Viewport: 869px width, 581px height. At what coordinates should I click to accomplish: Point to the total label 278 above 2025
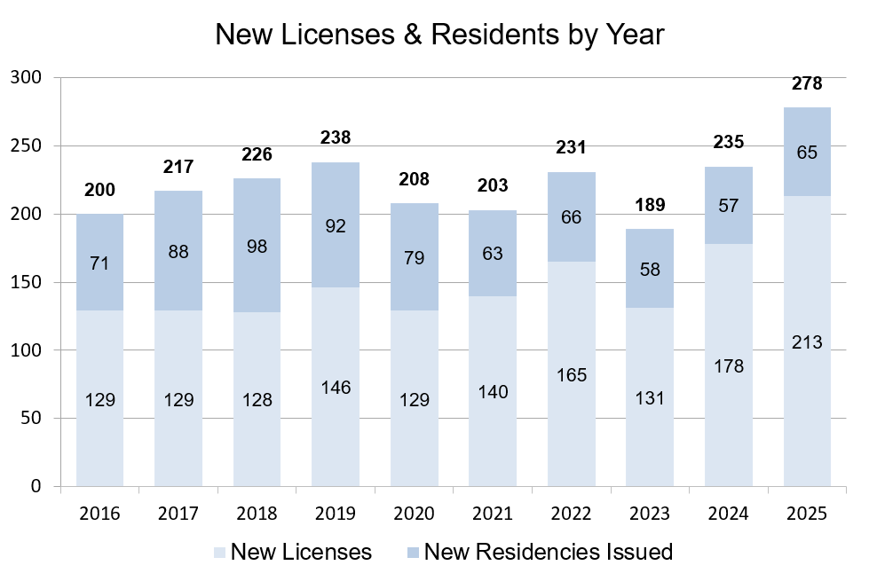[x=806, y=84]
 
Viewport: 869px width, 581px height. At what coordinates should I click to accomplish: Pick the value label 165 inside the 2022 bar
[x=571, y=374]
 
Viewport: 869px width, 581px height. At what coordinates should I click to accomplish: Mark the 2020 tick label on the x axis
[x=414, y=514]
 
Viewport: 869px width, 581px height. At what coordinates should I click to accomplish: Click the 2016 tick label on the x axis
[x=99, y=514]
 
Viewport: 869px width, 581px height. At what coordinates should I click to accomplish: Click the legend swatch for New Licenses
[x=219, y=553]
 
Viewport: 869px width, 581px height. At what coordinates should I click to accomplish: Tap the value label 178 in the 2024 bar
[x=728, y=365]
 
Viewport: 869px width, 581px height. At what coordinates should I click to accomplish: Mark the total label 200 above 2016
[x=99, y=191]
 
